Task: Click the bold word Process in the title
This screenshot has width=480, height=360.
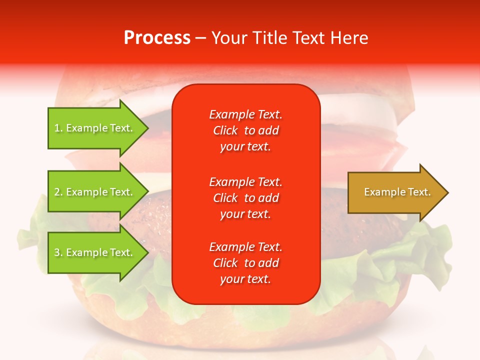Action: (x=157, y=38)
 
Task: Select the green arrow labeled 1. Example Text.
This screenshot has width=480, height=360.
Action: (x=95, y=128)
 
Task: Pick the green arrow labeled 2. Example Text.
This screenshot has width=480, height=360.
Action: (x=95, y=192)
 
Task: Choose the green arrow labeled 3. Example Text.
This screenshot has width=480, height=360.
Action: (x=95, y=252)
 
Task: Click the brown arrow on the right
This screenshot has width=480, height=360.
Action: (x=395, y=192)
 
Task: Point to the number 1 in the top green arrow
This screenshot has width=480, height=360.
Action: (x=57, y=128)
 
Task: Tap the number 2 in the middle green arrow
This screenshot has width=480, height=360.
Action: (x=57, y=192)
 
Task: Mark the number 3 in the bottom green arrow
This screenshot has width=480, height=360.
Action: (x=57, y=252)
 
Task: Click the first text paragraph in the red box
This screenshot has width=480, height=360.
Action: (x=245, y=130)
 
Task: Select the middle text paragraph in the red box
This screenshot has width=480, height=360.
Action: (x=245, y=198)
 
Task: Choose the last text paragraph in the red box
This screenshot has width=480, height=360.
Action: (x=245, y=263)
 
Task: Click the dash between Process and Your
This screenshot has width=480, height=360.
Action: (x=201, y=38)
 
